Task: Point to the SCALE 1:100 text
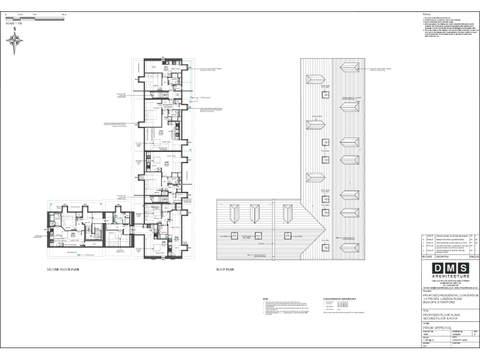tap(13, 23)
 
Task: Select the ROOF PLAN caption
tap(225, 269)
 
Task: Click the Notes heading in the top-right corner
tap(426, 14)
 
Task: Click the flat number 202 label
tap(161, 131)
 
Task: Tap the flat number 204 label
tap(176, 238)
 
